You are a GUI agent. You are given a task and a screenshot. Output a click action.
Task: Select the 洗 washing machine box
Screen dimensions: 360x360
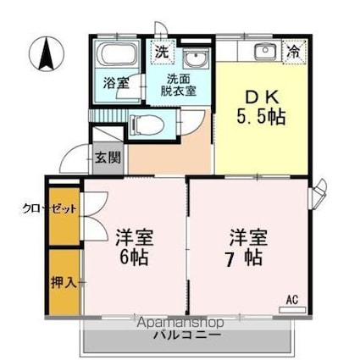pyautogui.click(x=161, y=52)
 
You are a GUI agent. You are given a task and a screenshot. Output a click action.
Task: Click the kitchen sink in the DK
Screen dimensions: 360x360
pyautogui.click(x=264, y=50)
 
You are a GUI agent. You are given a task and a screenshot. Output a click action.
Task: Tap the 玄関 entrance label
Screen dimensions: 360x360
pyautogui.click(x=108, y=157)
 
